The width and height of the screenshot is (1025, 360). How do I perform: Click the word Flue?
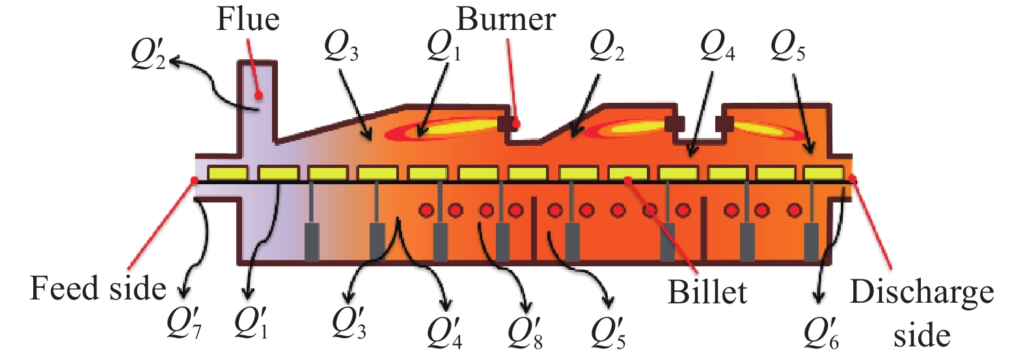coord(248,20)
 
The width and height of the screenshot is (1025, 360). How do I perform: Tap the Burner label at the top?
coord(506,20)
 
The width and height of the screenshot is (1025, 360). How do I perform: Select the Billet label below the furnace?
coord(707,292)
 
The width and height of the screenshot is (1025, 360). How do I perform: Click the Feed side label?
coord(98,288)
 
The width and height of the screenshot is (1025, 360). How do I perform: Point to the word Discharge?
coord(922,292)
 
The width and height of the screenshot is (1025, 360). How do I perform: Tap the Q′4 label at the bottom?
coord(444,332)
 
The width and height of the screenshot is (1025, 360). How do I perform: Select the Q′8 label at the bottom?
coord(525,332)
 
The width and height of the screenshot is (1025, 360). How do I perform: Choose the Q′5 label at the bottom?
coord(608,332)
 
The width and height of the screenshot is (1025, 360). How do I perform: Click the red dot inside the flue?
coord(258,96)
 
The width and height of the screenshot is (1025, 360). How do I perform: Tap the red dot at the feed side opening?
coord(194,180)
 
